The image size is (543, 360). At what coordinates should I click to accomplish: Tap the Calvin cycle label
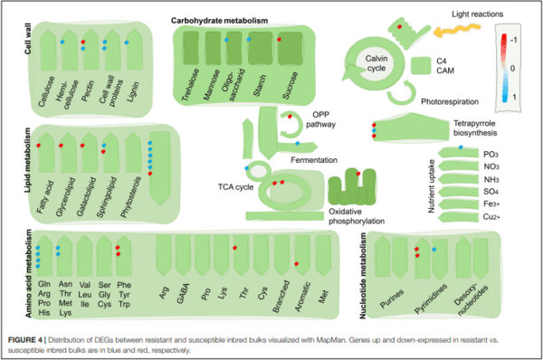pos(376,63)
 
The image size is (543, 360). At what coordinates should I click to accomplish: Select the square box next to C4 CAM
pos(421,66)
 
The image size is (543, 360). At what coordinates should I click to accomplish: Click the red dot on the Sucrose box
pos(279,40)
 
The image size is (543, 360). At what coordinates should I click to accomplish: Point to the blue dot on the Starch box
pos(249,40)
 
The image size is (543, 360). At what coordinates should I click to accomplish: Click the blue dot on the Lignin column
pos(127,43)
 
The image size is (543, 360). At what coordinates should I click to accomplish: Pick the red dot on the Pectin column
pos(83,42)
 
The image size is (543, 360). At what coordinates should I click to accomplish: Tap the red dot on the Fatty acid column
pos(39,146)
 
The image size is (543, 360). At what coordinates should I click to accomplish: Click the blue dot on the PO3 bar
pos(461,147)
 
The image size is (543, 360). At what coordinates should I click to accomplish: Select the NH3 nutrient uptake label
pos(491,180)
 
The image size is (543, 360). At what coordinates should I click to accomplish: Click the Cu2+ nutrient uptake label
pos(491,217)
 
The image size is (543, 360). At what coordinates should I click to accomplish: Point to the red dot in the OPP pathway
pos(290,117)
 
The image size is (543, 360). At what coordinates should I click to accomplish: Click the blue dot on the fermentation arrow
pos(298,143)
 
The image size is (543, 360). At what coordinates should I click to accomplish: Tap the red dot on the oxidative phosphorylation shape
pos(358,174)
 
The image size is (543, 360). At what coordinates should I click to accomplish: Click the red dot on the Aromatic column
pos(297,264)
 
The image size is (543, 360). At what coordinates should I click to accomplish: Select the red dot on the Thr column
pos(234,248)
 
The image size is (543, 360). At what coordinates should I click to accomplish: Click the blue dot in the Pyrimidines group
pos(434,250)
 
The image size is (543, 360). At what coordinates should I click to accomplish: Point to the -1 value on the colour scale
pos(513,40)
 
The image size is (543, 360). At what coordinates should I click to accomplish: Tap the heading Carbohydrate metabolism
pos(219,21)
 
